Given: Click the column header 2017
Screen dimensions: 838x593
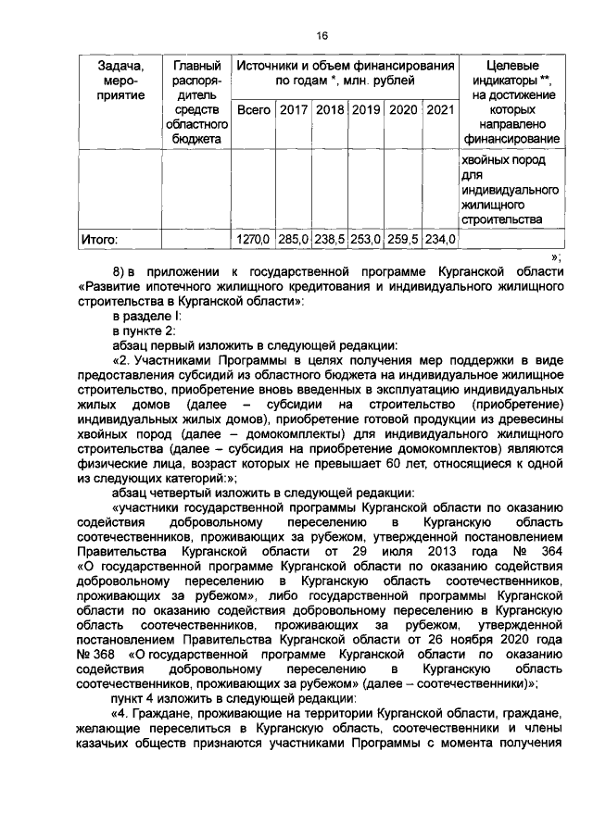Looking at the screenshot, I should (x=293, y=110).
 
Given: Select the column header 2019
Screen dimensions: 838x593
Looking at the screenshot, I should (x=367, y=110).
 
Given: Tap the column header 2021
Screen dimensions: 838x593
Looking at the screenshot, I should (x=440, y=110).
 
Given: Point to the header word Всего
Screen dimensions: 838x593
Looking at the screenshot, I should (x=253, y=110).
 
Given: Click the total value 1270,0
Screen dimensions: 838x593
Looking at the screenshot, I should (x=252, y=239).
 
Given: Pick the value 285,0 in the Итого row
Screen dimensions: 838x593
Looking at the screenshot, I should (x=294, y=239).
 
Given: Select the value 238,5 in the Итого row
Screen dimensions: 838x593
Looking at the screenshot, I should (x=330, y=239).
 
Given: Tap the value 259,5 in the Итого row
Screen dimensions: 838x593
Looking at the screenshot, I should (x=403, y=239).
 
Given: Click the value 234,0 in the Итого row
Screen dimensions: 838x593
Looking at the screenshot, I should (x=440, y=239).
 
